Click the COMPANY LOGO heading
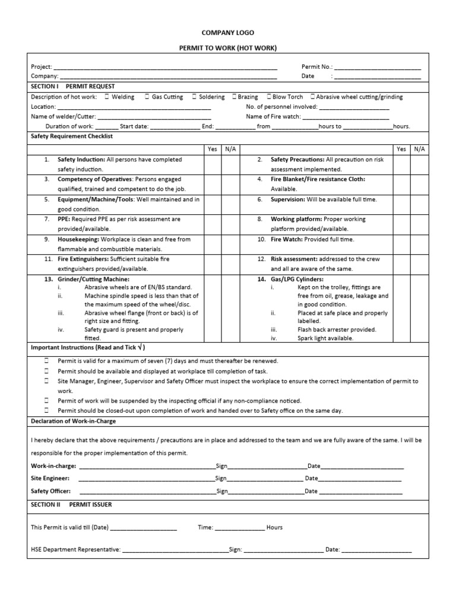point(228,33)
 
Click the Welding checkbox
point(107,97)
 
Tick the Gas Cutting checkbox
point(147,97)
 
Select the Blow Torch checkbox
point(270,97)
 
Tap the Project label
point(41,67)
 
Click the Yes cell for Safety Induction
point(212,164)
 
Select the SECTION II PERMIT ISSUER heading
point(71,504)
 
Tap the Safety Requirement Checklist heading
point(71,136)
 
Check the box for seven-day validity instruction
point(46,361)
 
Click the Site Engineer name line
point(145,479)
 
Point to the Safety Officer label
point(51,491)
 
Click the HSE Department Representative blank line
point(175,550)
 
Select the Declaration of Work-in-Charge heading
point(73,421)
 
